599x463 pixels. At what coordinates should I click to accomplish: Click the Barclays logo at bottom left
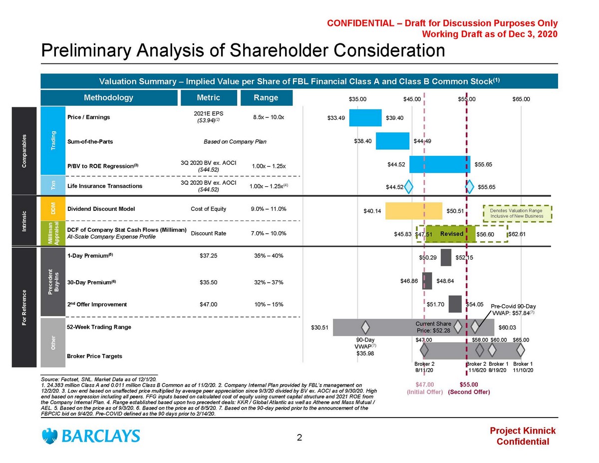click(x=91, y=436)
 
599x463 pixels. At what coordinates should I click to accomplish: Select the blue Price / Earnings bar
click(x=365, y=118)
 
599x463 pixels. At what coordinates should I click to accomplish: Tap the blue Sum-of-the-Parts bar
click(x=393, y=141)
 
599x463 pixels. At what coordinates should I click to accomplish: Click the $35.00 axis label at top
click(x=357, y=99)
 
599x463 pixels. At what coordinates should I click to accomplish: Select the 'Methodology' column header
click(x=108, y=98)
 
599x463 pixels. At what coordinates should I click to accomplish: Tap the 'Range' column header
click(x=266, y=98)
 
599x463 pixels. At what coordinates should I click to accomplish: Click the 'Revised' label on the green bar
click(x=452, y=234)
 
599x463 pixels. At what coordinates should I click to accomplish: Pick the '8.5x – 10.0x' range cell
click(x=269, y=118)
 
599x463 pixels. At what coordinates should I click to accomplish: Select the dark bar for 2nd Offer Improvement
click(x=455, y=304)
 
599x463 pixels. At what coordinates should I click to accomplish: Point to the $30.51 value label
click(x=319, y=328)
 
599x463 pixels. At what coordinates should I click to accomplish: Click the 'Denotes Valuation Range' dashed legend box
click(x=519, y=213)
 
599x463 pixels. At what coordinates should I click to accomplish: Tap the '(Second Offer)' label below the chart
click(x=469, y=392)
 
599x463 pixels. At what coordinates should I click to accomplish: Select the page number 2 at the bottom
click(x=299, y=438)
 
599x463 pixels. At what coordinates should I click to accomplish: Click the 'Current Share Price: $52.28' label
click(x=433, y=327)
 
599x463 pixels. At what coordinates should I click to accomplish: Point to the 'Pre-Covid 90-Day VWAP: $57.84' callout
click(x=514, y=309)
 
